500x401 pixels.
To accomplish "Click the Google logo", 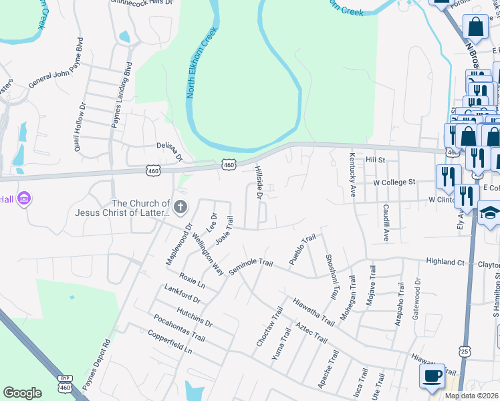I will (22, 393).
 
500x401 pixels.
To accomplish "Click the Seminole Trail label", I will (251, 267).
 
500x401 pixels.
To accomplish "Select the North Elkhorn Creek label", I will (203, 63).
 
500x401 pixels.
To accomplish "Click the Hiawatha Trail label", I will (314, 311).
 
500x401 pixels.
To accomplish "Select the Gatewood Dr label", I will (418, 296).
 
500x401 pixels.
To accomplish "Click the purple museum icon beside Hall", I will (25, 199).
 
